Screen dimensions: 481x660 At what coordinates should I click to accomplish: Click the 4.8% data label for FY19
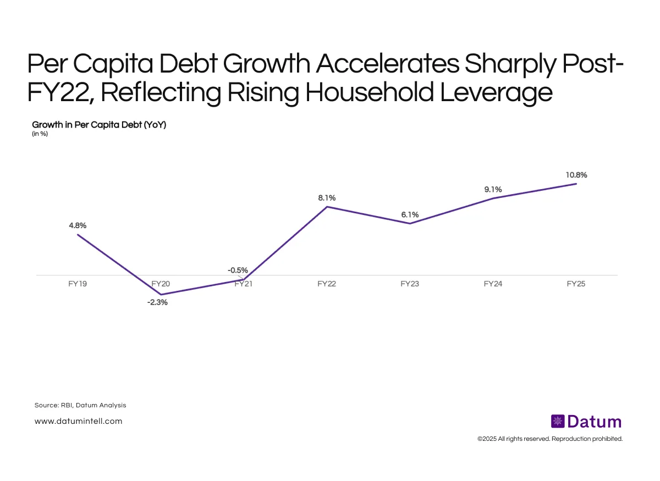coord(77,225)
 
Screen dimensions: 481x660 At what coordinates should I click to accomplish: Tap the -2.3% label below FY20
coord(157,302)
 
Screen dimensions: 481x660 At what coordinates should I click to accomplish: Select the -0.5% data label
coord(238,270)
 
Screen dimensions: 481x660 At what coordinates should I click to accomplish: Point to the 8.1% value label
coord(327,197)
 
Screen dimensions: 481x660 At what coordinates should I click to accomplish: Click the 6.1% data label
coord(410,214)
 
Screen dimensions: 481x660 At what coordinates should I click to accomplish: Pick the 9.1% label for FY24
coord(493,190)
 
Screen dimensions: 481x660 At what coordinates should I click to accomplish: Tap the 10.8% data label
coord(576,175)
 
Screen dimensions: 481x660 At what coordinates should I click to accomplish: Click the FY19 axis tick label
coord(77,284)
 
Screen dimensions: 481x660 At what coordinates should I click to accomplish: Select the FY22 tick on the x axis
coord(327,284)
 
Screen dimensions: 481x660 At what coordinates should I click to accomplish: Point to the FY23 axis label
coord(410,284)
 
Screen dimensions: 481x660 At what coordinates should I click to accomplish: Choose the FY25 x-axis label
coord(576,284)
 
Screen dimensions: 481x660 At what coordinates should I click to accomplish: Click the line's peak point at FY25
coord(576,184)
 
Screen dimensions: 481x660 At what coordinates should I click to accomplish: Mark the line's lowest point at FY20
coord(161,295)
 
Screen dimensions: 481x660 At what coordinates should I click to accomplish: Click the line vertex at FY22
coord(327,207)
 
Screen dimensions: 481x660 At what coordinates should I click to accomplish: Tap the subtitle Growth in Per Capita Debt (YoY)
coord(99,125)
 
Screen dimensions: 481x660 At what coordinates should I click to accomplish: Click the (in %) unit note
coord(40,134)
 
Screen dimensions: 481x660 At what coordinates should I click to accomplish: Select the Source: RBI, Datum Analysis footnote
coord(80,405)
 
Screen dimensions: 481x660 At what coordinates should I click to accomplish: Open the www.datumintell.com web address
coord(78,421)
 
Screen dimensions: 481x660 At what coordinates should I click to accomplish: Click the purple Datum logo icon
coord(558,422)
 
